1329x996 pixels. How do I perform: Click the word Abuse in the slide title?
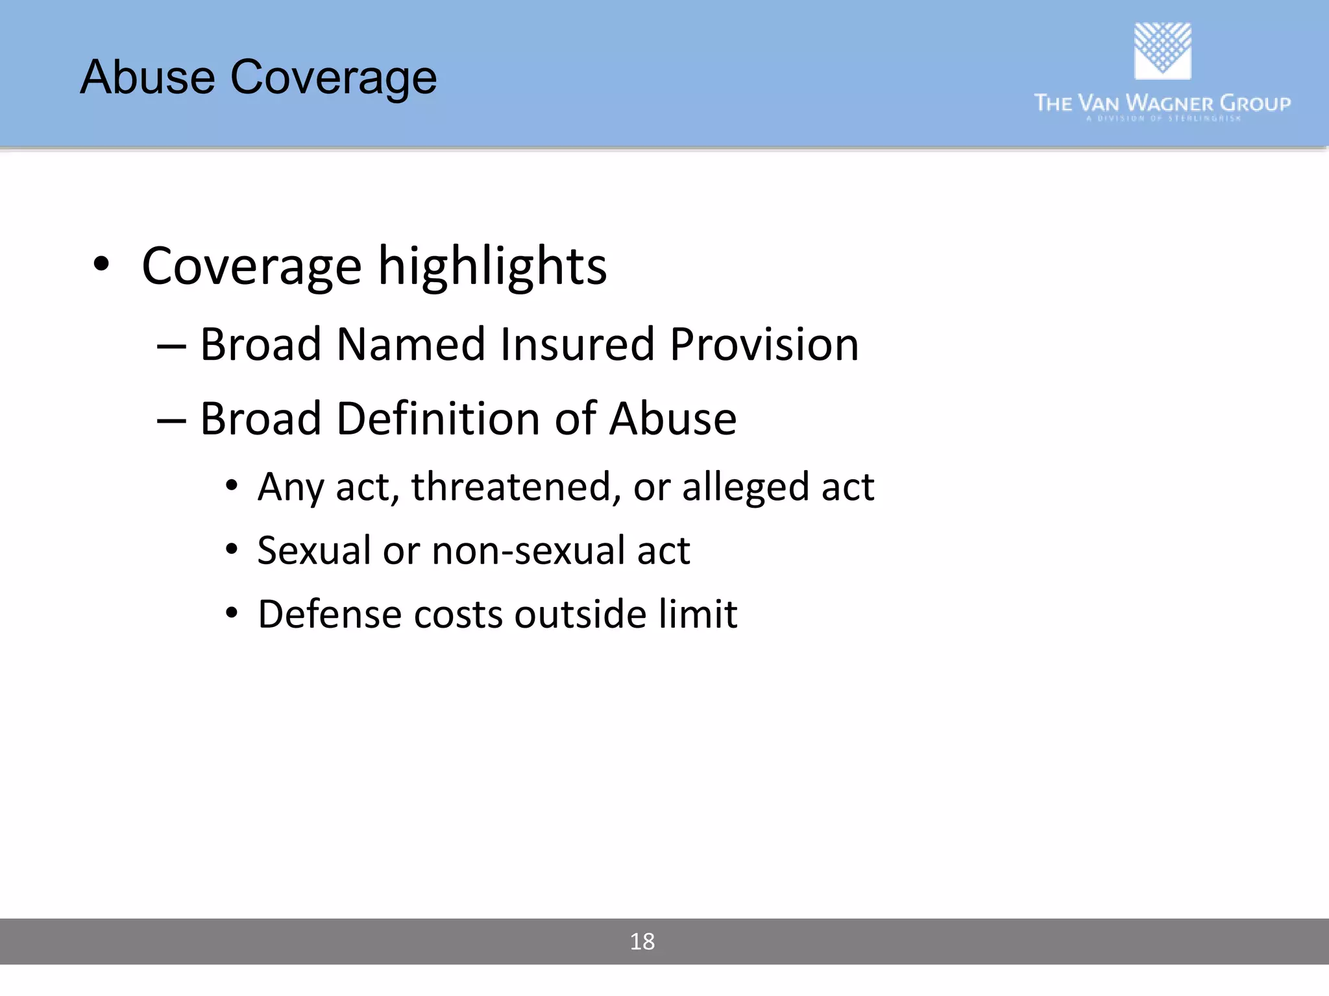tap(147, 77)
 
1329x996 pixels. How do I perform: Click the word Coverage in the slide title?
tap(334, 78)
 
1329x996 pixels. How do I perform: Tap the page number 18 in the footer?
tap(642, 942)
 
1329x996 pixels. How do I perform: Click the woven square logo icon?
tap(1162, 51)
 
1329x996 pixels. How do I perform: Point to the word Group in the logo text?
tap(1255, 103)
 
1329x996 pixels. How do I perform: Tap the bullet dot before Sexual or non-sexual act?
tap(232, 550)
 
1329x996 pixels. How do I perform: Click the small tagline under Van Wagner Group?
tap(1164, 119)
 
